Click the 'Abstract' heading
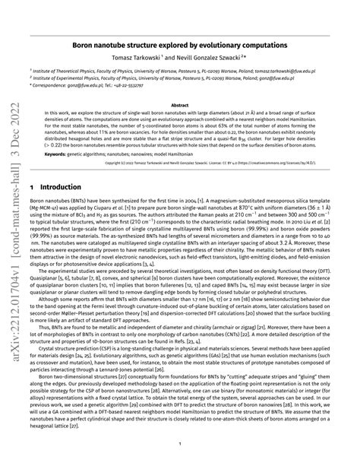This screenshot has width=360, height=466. tap(180, 106)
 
